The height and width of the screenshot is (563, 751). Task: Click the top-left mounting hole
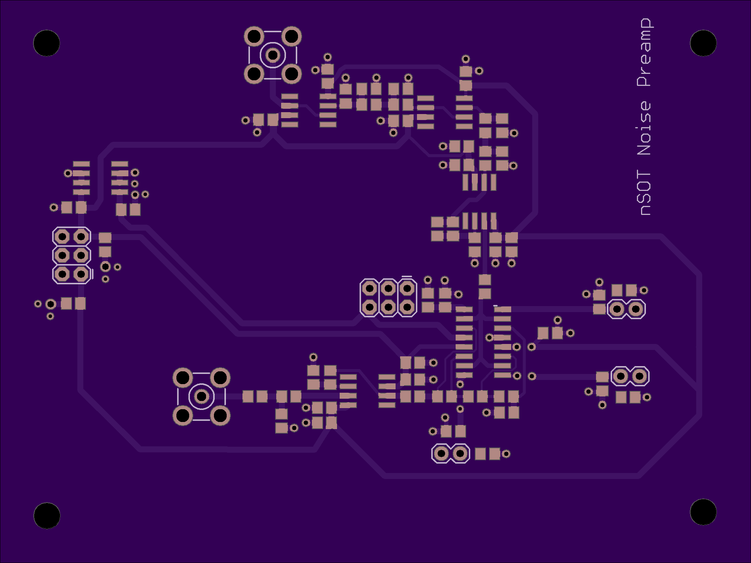(x=47, y=43)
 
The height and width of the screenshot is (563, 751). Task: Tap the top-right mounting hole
(x=703, y=43)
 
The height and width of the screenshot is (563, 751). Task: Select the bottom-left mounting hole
(x=47, y=516)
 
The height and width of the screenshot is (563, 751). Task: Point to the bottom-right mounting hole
(x=703, y=512)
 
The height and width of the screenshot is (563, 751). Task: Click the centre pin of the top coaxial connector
(x=273, y=56)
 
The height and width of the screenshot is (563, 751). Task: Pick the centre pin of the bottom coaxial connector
(x=202, y=396)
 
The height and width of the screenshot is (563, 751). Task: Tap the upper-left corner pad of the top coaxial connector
(x=254, y=37)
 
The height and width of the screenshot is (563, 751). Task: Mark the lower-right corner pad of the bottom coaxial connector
(x=220, y=415)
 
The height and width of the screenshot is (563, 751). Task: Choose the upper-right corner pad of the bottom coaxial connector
(x=220, y=378)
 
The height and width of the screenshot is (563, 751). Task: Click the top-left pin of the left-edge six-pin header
(x=62, y=237)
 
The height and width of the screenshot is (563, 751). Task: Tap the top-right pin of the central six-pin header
(x=407, y=288)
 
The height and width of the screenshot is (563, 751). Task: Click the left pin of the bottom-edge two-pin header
(x=441, y=454)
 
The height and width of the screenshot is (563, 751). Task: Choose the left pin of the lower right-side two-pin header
(x=621, y=376)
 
